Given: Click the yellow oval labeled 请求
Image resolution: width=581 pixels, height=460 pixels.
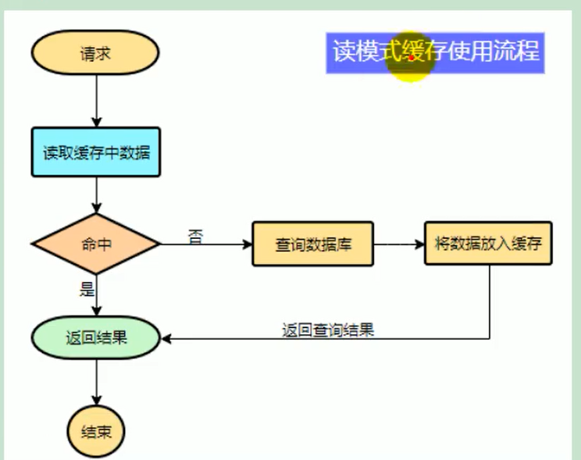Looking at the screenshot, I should click(95, 54).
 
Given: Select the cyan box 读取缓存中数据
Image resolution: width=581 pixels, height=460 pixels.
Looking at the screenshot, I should click(95, 152).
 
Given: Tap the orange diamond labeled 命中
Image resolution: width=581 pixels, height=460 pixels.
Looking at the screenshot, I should click(95, 244).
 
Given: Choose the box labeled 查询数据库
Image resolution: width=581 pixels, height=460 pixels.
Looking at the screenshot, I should click(312, 244).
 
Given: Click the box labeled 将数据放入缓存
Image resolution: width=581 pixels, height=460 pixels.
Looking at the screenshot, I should click(488, 244).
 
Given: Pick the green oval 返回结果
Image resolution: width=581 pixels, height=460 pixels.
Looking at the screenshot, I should click(95, 338).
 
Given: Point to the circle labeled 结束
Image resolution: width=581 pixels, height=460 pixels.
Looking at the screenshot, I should click(95, 431).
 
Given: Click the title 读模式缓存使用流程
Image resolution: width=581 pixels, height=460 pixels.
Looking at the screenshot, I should click(435, 52).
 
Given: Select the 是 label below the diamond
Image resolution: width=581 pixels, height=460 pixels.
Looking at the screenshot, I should click(87, 289).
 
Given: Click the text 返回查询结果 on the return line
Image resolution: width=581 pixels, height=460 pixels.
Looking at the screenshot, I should click(328, 330).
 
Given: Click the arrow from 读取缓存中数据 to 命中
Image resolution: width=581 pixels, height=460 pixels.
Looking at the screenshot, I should click(95, 195).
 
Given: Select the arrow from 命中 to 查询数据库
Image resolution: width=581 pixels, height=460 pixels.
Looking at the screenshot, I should click(207, 244).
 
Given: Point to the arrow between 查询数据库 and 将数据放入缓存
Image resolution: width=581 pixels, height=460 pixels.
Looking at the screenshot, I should click(398, 244).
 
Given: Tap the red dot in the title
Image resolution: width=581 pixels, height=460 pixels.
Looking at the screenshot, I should click(411, 57).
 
